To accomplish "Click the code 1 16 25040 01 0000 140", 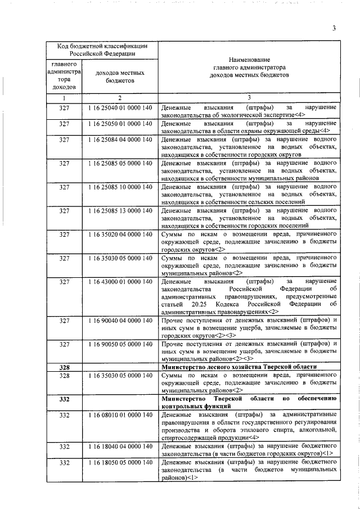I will pos(120,107).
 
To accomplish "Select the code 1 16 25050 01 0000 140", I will pos(120,123).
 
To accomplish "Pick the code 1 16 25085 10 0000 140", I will pos(120,187).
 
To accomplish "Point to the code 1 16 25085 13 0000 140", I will pos(120,211).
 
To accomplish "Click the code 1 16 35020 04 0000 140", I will pos(120,235).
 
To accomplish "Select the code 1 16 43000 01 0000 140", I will pos(120,281).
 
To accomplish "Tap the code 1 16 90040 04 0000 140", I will pos(120,321).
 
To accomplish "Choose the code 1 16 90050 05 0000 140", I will pos(120,344).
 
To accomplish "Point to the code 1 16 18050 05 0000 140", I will pos(120,462).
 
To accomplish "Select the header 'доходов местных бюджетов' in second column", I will pos(120,77).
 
